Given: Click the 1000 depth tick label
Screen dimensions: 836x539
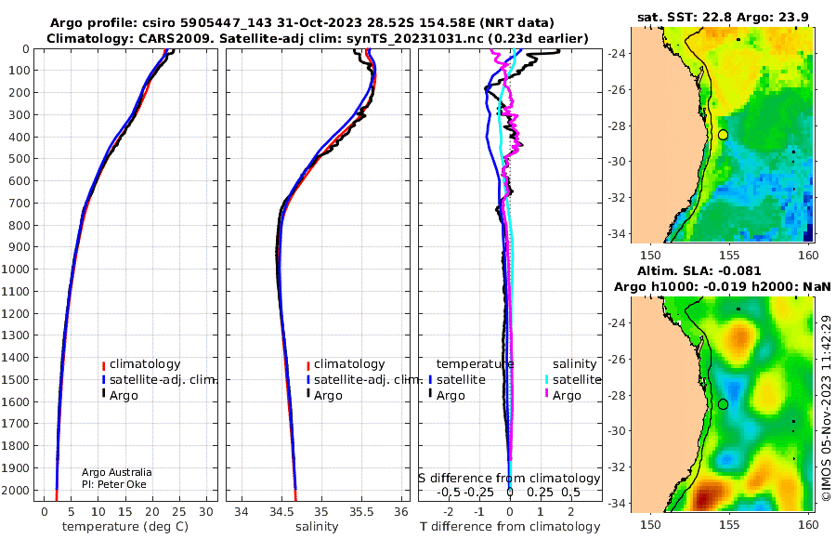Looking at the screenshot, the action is [16, 269].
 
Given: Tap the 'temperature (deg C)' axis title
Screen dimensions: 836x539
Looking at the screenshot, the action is [125, 527].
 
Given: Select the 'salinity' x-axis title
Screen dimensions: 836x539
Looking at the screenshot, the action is [317, 527].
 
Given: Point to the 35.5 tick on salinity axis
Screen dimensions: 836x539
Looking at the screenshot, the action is [361, 512].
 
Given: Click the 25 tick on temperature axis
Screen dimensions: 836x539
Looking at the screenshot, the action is [179, 512].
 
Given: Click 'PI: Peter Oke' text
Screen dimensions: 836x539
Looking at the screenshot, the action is [113, 484].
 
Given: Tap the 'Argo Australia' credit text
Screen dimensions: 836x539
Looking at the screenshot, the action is [116, 472].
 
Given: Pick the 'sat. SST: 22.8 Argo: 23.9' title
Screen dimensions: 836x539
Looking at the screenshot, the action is [723, 17].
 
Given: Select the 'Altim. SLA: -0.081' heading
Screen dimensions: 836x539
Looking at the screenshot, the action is [699, 271].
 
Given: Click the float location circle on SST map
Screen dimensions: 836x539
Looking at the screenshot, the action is [723, 135].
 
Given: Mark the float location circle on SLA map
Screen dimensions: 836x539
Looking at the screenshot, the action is [723, 404].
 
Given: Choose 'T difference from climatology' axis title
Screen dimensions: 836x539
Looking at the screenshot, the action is [510, 527].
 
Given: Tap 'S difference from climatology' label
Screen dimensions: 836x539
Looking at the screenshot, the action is [509, 479].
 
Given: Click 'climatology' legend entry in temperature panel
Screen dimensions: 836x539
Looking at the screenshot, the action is [145, 364].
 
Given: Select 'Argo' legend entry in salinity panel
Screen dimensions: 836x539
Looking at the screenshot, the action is [327, 396].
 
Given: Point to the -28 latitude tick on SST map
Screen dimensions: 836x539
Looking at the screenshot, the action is [618, 125].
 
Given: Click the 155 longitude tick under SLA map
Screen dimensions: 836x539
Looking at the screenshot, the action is [729, 524].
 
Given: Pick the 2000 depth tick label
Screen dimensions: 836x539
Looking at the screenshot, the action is [16, 490].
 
